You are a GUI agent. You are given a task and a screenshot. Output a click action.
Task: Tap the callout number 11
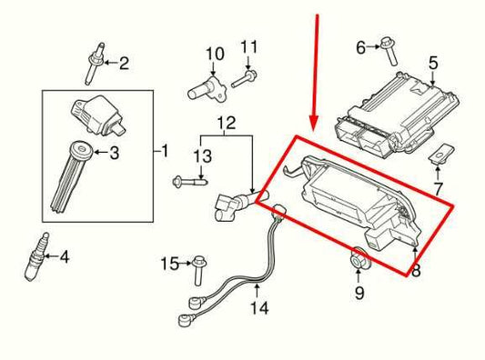(x=249, y=46)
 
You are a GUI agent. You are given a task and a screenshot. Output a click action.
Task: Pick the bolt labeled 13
(x=187, y=182)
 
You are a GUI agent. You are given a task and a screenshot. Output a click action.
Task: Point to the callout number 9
(x=358, y=293)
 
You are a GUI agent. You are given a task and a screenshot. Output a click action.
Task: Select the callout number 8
(x=415, y=269)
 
